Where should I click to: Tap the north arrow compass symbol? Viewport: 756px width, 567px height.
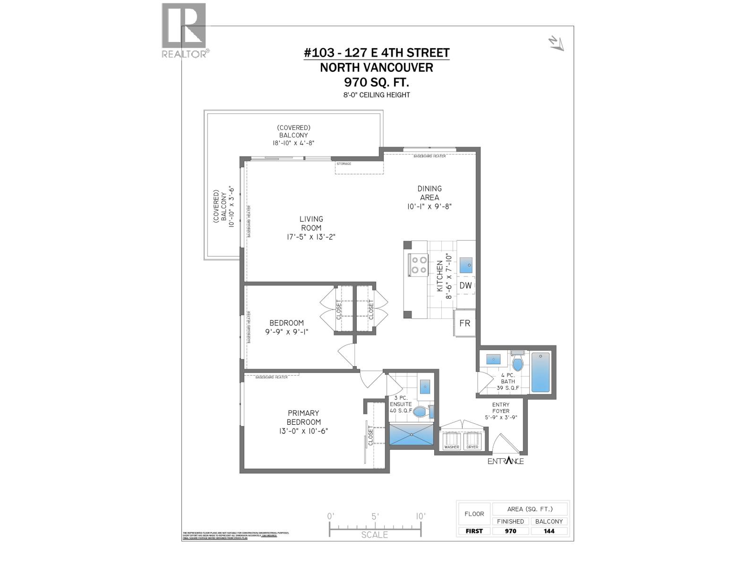(x=556, y=43)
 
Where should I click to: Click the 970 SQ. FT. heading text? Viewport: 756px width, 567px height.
(x=377, y=82)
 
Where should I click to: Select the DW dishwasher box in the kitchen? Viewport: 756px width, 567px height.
(x=465, y=285)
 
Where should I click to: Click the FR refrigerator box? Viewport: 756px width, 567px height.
(x=464, y=323)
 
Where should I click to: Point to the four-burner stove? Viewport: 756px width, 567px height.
(x=418, y=265)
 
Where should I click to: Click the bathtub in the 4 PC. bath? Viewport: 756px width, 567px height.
(x=541, y=372)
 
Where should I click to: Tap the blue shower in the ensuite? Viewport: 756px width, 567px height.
(x=411, y=434)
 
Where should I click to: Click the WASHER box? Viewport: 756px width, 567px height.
(x=451, y=441)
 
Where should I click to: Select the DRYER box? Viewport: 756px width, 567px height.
(x=472, y=441)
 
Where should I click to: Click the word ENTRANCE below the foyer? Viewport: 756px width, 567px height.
(x=506, y=461)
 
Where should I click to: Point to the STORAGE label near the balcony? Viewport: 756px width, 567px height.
(x=344, y=164)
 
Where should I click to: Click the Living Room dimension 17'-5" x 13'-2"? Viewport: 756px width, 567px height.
(x=311, y=237)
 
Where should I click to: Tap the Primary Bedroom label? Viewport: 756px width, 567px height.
(x=303, y=417)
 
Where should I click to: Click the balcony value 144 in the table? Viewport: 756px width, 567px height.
(x=549, y=531)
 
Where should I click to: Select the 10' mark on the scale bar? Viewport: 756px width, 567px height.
(x=420, y=516)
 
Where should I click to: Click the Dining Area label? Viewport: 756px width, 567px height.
(x=430, y=193)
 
